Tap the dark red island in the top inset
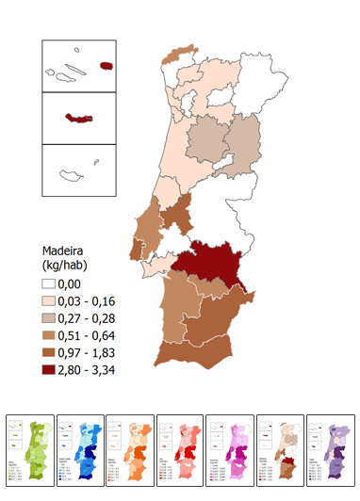[106, 67]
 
